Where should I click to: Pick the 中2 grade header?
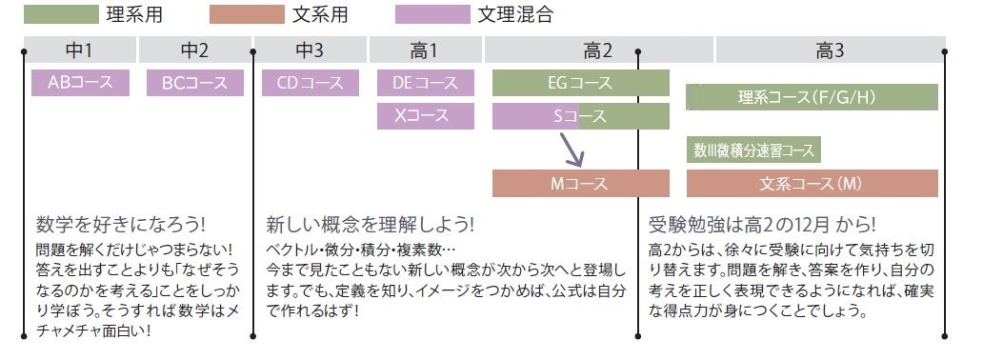click(194, 50)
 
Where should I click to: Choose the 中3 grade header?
click(310, 50)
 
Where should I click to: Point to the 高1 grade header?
click(425, 50)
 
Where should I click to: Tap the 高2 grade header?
click(597, 50)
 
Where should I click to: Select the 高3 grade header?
click(830, 50)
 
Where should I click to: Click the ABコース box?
click(80, 83)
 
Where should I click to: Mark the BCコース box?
click(194, 83)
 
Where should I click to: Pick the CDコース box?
click(310, 83)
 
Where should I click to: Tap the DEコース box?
click(425, 83)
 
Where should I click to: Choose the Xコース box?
click(425, 116)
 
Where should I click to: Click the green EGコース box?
click(580, 83)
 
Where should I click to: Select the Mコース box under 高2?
click(580, 183)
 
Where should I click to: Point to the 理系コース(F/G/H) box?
click(812, 97)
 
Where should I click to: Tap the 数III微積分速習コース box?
click(753, 150)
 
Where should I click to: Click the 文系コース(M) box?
click(812, 183)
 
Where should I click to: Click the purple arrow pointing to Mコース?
click(572, 150)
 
